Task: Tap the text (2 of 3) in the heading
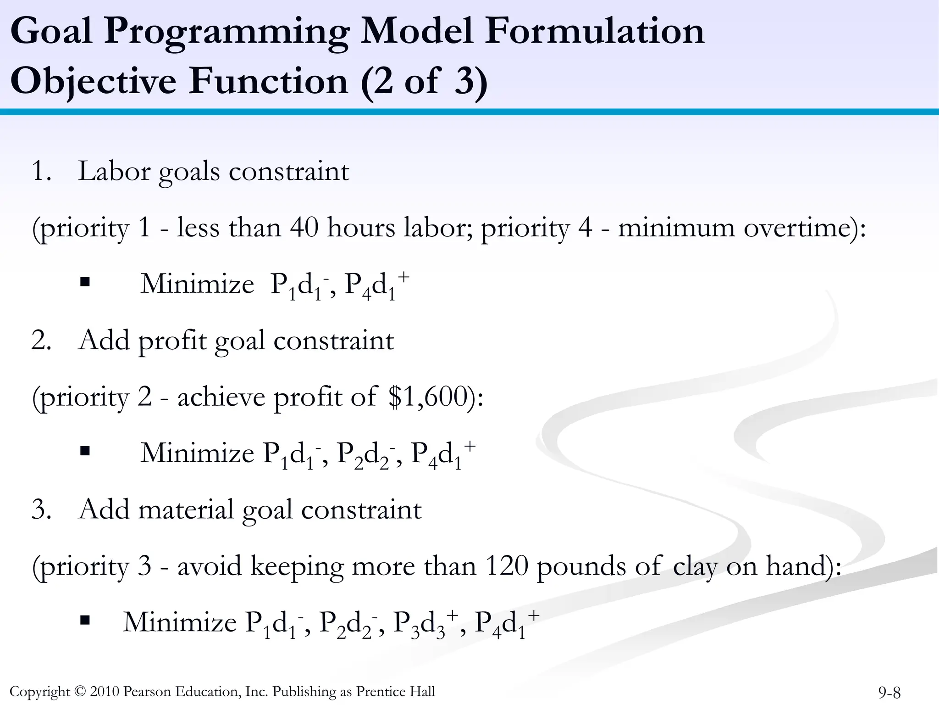pyautogui.click(x=424, y=81)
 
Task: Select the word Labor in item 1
pyautogui.click(x=114, y=171)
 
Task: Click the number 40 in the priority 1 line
pyautogui.click(x=304, y=228)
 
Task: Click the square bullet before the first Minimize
pyautogui.click(x=84, y=281)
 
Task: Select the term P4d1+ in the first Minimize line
pyautogui.click(x=376, y=285)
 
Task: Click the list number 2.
pyautogui.click(x=40, y=341)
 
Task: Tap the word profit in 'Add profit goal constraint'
pyautogui.click(x=172, y=341)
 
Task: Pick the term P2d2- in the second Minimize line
pyautogui.click(x=365, y=454)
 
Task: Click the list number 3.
pyautogui.click(x=40, y=509)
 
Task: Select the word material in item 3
pyautogui.click(x=186, y=509)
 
